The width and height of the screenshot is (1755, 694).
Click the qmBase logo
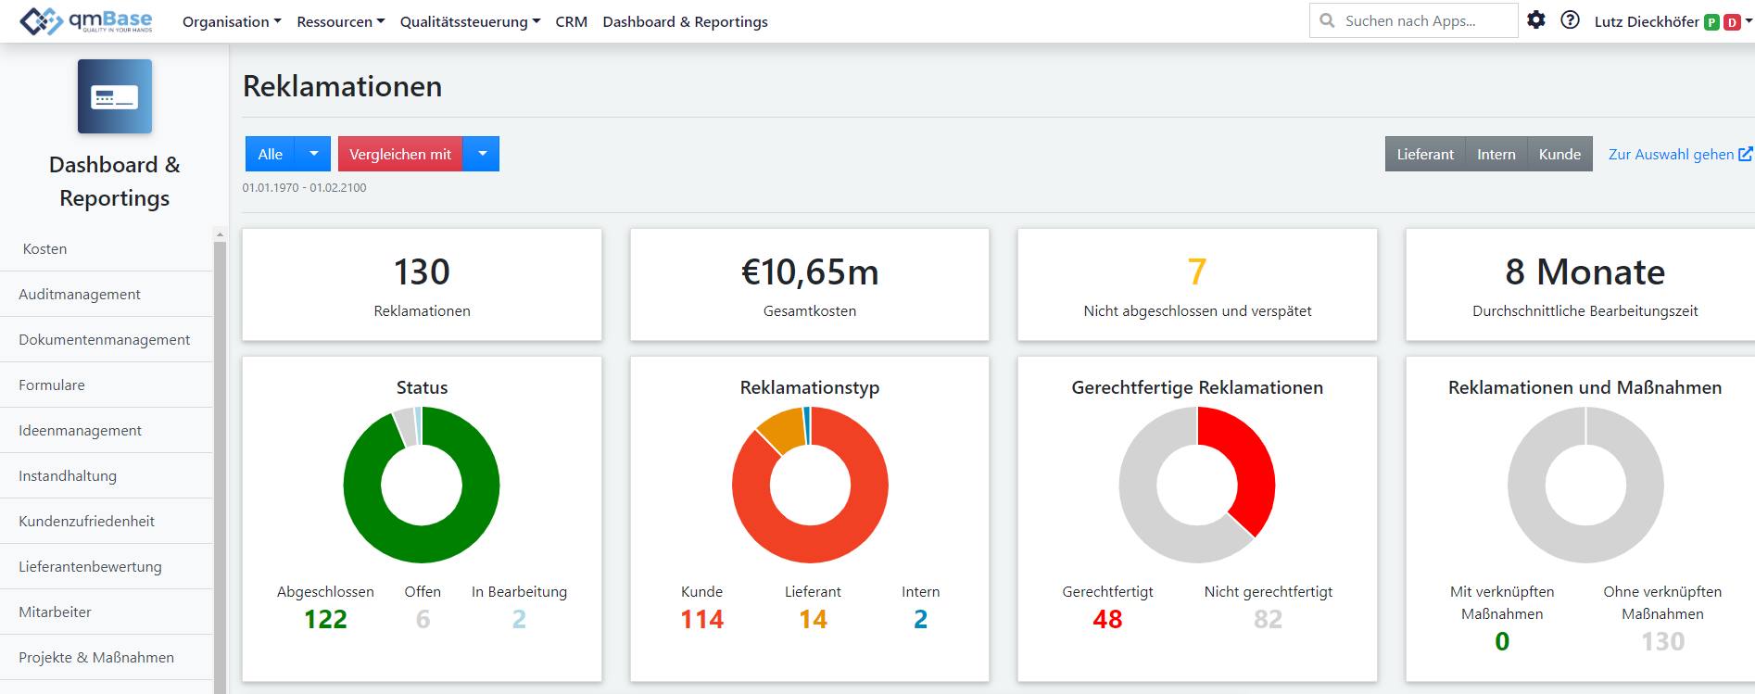(86, 20)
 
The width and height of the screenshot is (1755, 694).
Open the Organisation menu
(232, 21)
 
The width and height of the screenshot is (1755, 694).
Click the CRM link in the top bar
(571, 21)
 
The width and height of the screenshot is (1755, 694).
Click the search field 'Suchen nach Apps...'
(1413, 20)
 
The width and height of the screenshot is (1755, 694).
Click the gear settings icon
(1536, 19)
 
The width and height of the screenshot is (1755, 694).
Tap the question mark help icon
(1570, 19)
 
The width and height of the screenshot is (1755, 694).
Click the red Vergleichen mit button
(400, 154)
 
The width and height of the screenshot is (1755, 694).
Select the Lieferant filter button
(1425, 154)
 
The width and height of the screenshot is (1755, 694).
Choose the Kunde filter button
(1559, 154)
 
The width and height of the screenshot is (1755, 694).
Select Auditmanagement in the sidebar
(80, 294)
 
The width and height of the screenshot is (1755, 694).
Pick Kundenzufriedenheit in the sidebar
(86, 521)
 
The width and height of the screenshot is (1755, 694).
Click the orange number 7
(1197, 271)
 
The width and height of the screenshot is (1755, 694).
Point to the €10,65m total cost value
(810, 271)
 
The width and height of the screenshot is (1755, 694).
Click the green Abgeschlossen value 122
(325, 619)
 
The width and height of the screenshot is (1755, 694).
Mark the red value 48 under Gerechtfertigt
(1107, 619)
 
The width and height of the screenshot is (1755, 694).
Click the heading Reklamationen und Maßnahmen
(1585, 387)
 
